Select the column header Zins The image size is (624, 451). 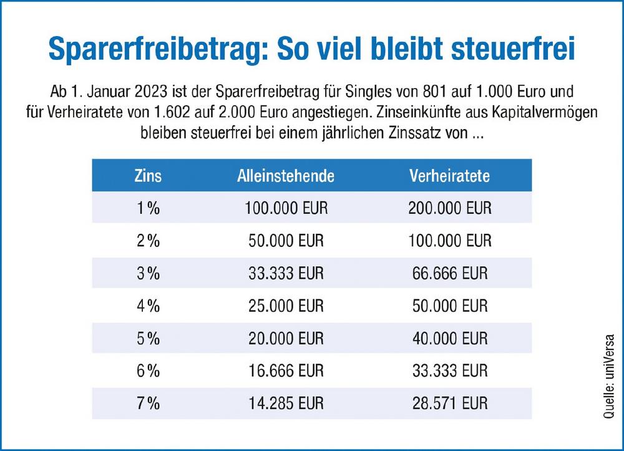(x=148, y=175)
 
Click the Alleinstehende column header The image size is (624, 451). (x=286, y=175)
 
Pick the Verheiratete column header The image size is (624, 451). (x=449, y=175)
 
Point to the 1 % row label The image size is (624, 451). (x=148, y=208)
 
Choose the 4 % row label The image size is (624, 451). (x=148, y=306)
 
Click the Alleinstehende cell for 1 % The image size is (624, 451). (x=286, y=208)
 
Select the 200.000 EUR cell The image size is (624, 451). (x=449, y=208)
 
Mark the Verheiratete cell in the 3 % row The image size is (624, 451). (x=449, y=273)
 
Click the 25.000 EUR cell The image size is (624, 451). (x=286, y=306)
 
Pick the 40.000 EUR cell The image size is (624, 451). (x=449, y=338)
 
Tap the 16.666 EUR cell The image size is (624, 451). (x=286, y=371)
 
